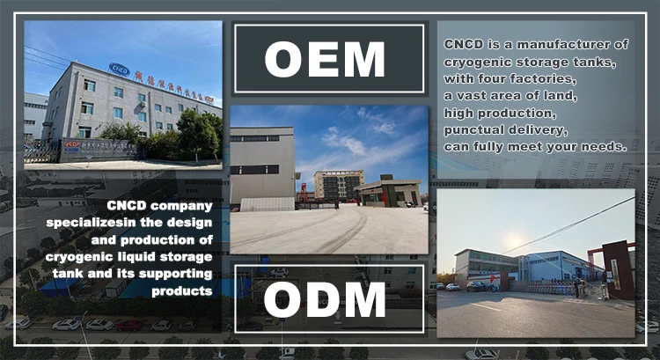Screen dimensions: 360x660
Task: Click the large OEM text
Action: pos(325,60)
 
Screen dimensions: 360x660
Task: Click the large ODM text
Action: pos(325,299)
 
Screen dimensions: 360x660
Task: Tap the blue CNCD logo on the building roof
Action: pos(119,69)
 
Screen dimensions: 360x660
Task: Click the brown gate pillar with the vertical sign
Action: pos(617,268)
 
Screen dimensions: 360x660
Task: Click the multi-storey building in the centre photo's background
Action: pos(339,185)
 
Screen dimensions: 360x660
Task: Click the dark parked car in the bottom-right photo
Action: pos(476,286)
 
